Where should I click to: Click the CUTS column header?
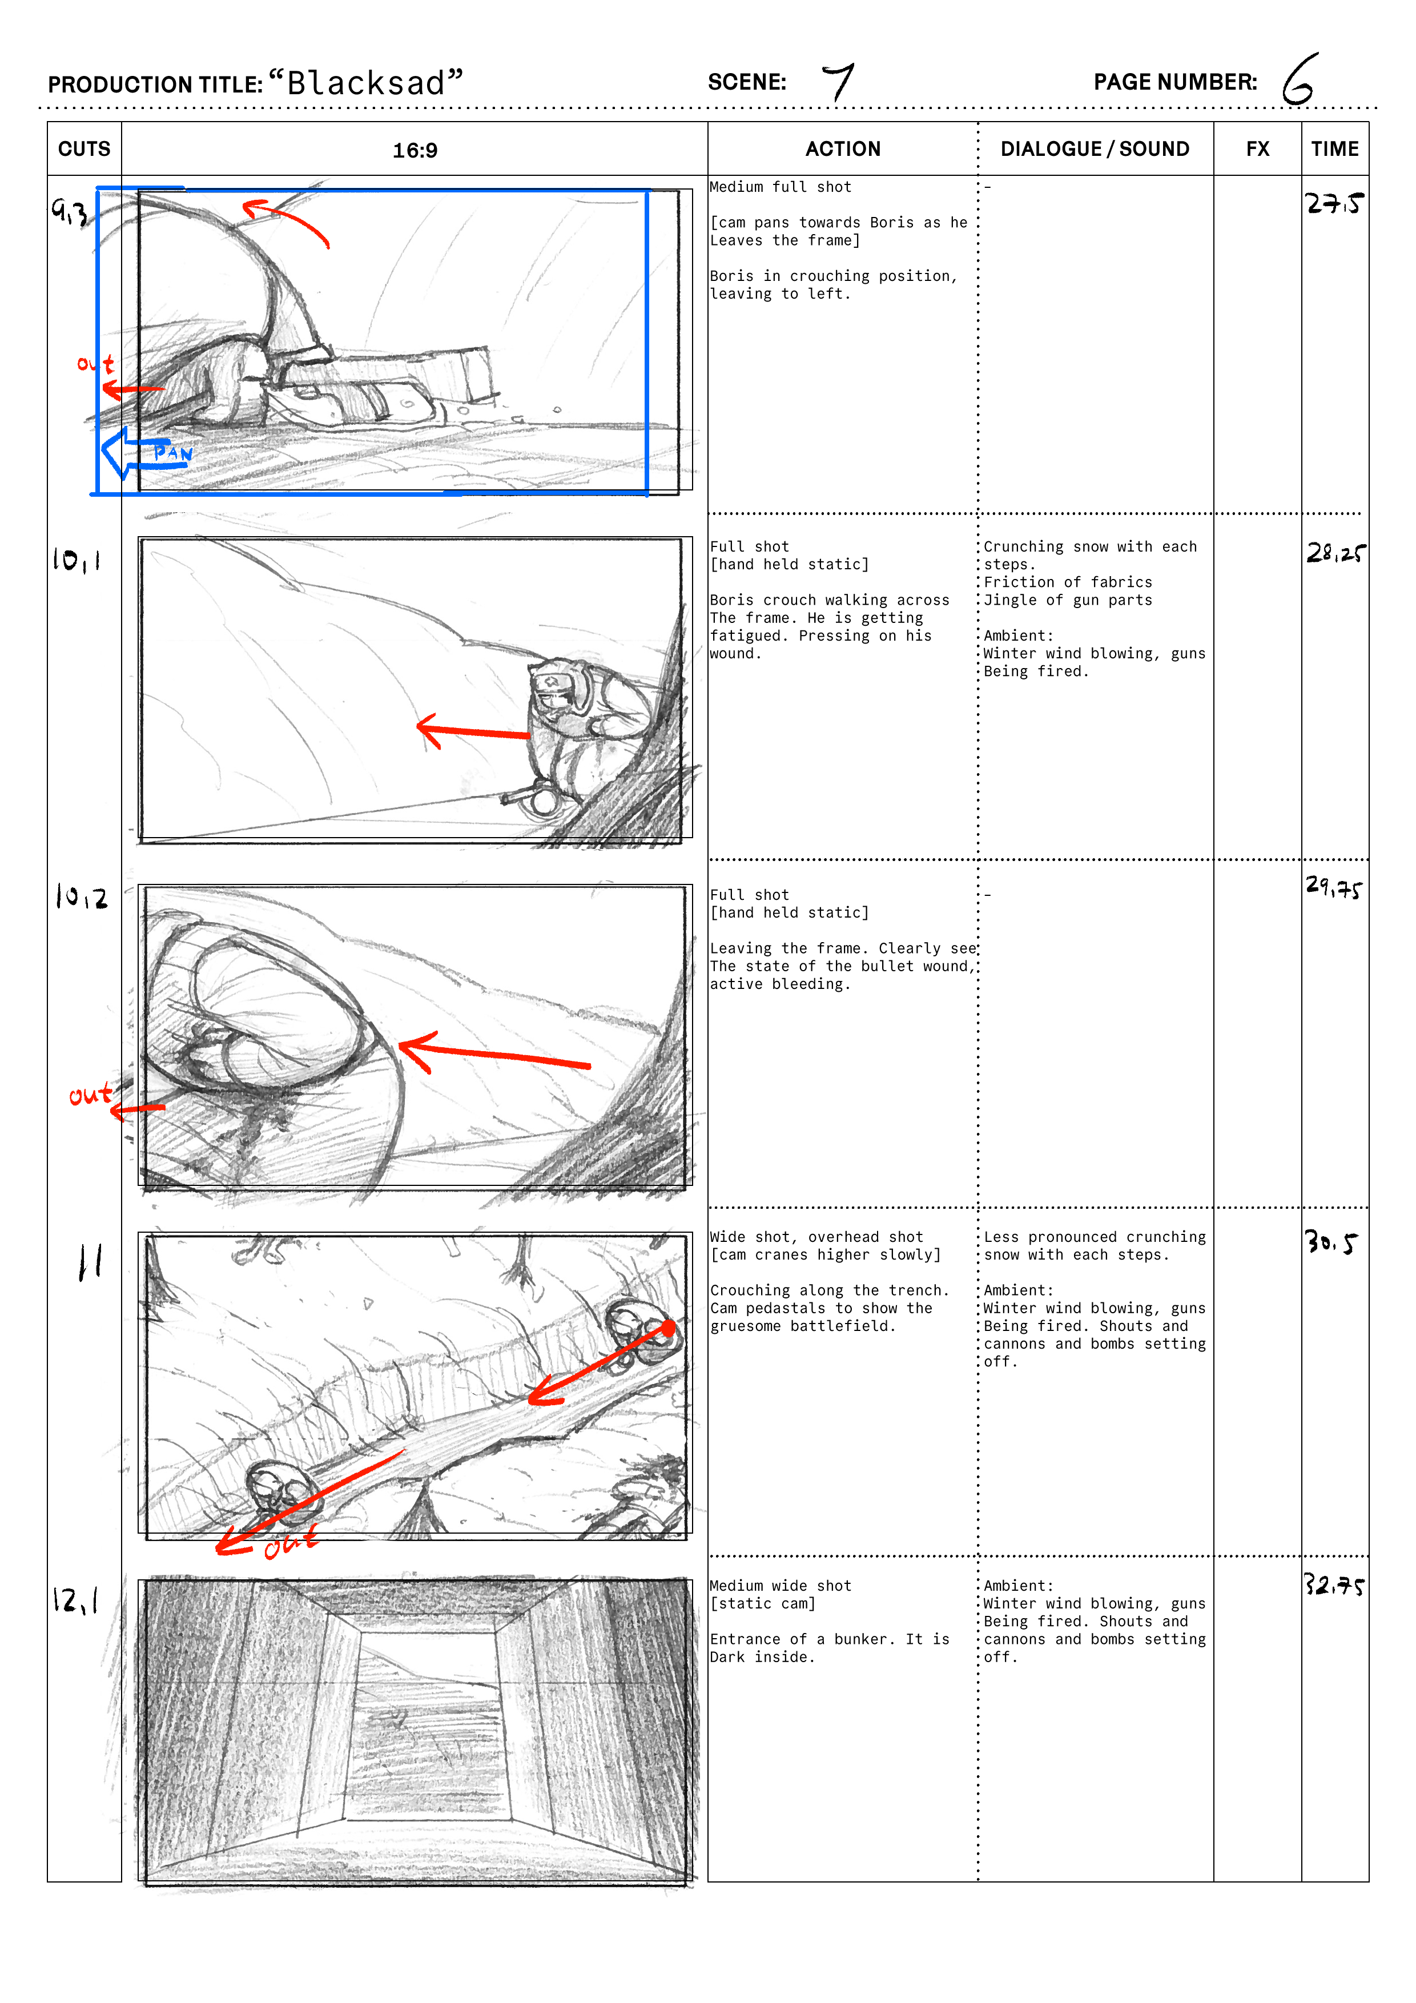pyautogui.click(x=84, y=149)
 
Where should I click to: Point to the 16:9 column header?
pyautogui.click(x=415, y=150)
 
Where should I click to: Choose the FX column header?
pyautogui.click(x=1257, y=149)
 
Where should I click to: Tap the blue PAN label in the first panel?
pyautogui.click(x=173, y=452)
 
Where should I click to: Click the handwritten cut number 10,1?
pyautogui.click(x=77, y=559)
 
